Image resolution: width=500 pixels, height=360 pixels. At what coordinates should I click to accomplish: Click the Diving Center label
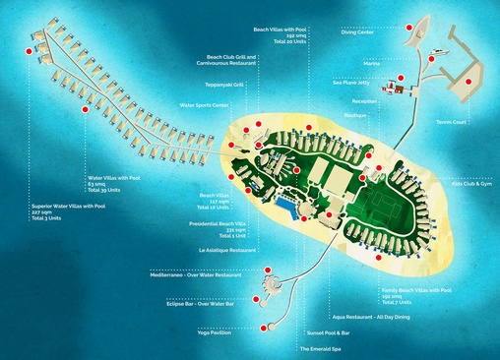point(356,31)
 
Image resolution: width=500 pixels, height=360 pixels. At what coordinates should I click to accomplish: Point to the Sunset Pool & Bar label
point(328,332)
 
